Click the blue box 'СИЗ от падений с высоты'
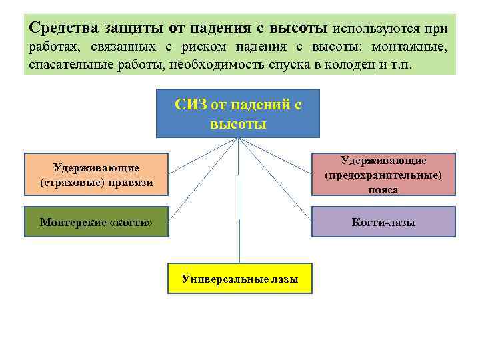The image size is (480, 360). tap(238, 113)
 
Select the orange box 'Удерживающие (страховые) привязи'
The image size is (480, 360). tap(96, 174)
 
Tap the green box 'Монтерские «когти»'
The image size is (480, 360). tap(96, 221)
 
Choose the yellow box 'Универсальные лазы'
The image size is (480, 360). tap(239, 279)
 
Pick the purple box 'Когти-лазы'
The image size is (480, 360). tap(383, 221)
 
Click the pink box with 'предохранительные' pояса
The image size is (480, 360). tap(383, 175)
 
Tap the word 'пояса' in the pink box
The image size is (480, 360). tap(383, 189)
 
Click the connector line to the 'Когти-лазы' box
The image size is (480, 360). tap(280, 184)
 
